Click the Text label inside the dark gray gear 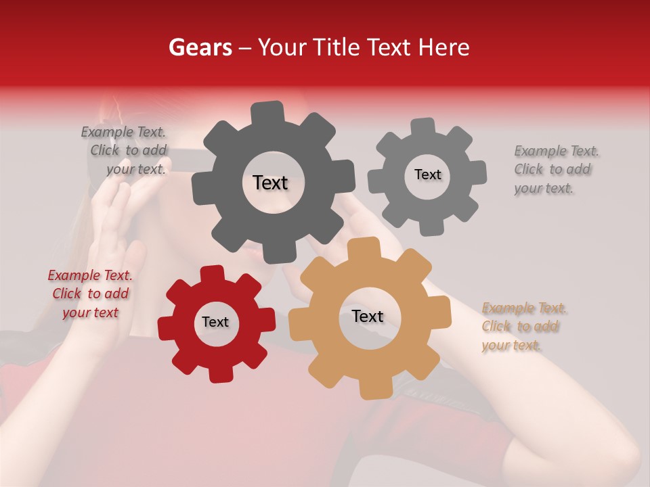(x=270, y=183)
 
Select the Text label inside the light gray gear (x=427, y=175)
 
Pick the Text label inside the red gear (x=215, y=322)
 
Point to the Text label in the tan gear (x=368, y=317)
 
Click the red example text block (x=90, y=294)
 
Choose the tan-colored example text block (x=524, y=327)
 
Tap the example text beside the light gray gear (x=556, y=169)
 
